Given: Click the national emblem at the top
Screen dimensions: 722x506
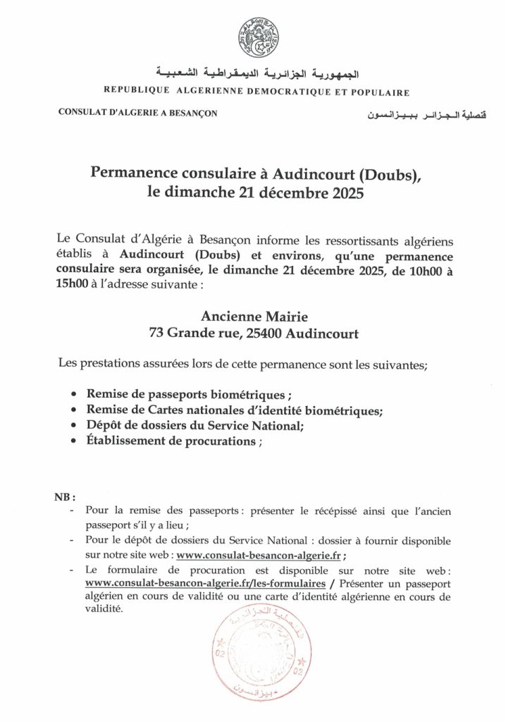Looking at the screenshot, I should pos(257,39).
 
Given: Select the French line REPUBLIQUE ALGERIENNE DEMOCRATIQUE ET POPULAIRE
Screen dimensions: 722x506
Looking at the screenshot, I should pos(257,92).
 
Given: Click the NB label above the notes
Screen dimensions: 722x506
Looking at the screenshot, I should pos(64,496).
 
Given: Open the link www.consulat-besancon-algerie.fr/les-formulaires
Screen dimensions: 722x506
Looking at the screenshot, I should pos(204,585).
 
